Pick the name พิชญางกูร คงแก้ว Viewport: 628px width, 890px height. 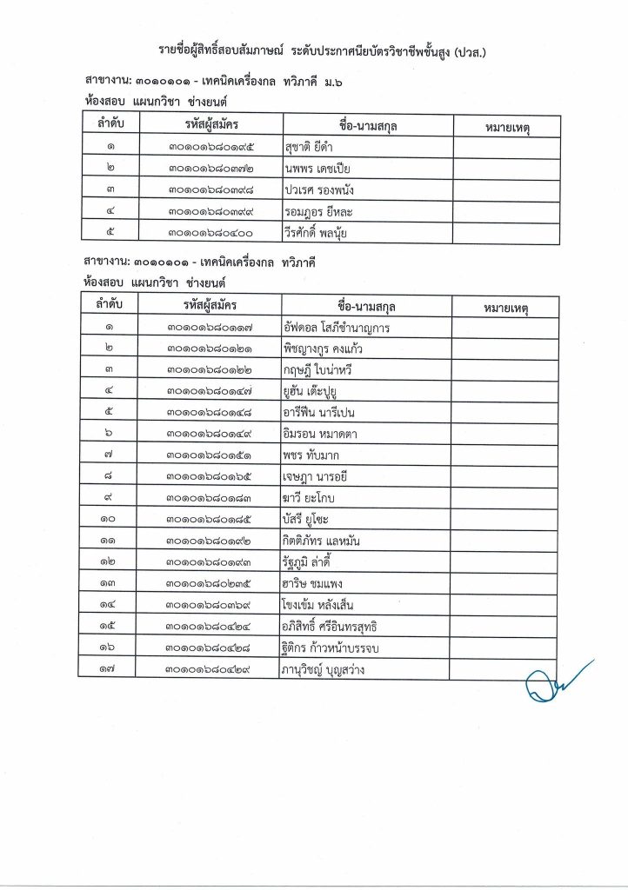323,349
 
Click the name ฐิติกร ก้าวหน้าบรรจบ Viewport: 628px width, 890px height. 334,648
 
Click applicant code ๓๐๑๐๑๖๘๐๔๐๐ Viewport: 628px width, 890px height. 209,233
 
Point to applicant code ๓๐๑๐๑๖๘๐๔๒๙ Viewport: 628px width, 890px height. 209,669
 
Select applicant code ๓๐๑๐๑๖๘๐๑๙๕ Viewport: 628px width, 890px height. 209,148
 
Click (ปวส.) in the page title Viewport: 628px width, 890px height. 469,52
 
